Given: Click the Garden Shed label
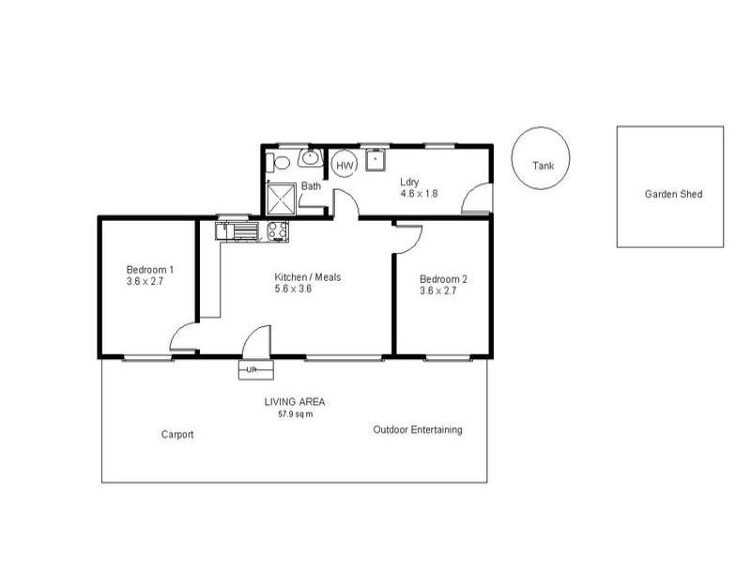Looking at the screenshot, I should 673,195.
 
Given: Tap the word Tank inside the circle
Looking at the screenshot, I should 543,165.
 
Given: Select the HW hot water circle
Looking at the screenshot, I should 345,164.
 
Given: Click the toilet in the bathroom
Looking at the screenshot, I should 278,162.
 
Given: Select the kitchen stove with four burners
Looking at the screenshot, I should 278,230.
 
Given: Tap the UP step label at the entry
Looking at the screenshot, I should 251,370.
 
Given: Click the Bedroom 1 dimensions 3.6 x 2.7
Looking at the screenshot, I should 145,281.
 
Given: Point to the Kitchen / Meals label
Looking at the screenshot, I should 307,277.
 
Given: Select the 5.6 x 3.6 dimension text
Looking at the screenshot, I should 292,290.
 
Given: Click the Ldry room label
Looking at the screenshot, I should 409,181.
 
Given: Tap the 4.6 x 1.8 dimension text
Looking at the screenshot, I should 419,194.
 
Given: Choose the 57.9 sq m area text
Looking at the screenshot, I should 295,414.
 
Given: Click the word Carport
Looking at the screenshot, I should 177,434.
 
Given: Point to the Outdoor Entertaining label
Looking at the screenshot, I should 417,430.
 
